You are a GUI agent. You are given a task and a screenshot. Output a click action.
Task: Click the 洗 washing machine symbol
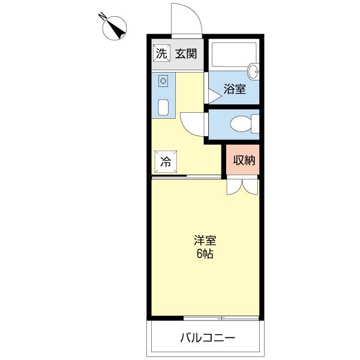pyautogui.click(x=160, y=53)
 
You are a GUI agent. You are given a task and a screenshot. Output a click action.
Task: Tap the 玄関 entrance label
pyautogui.click(x=186, y=53)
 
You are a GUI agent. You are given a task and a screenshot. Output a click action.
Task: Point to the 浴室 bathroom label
pyautogui.click(x=235, y=89)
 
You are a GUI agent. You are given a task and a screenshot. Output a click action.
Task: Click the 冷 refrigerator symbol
pyautogui.click(x=164, y=160)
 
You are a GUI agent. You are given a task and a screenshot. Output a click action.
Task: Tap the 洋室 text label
pyautogui.click(x=205, y=241)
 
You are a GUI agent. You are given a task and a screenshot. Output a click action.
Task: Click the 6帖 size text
pyautogui.click(x=205, y=253)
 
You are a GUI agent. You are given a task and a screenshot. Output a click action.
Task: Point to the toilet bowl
pyautogui.click(x=242, y=125)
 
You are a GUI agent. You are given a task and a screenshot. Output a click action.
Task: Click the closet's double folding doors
pyautogui.click(x=242, y=186)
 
